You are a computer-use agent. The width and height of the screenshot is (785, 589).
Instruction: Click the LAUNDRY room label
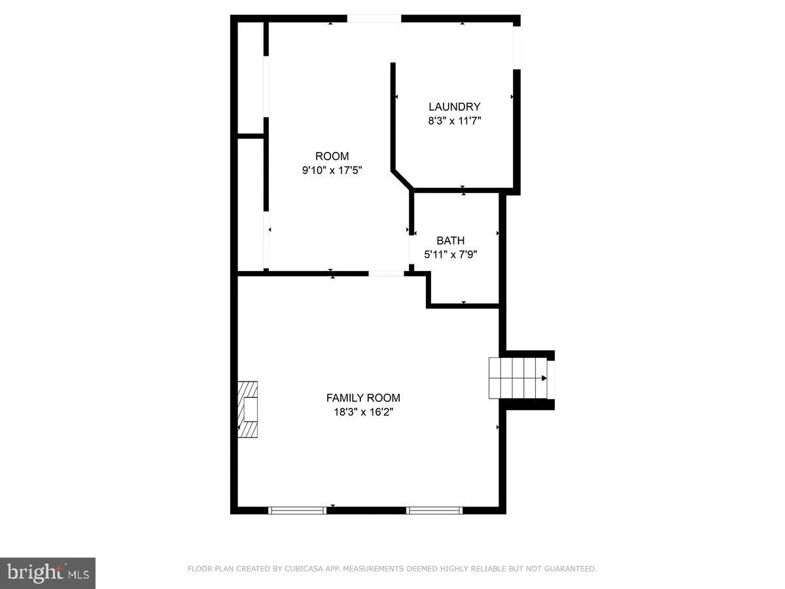click(x=454, y=107)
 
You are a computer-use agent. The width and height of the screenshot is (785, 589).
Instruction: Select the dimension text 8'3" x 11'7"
click(x=454, y=121)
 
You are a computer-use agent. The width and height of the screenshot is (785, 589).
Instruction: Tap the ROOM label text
click(x=332, y=156)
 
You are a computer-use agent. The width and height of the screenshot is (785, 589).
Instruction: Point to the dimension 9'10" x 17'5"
click(x=332, y=170)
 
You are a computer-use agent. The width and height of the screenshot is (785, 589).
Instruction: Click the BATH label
click(x=450, y=240)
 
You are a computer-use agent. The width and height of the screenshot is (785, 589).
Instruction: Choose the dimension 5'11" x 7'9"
click(x=450, y=255)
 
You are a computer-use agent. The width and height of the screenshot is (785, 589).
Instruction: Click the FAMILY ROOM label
click(x=363, y=397)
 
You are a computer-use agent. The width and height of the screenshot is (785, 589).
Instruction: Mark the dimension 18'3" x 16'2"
click(x=363, y=412)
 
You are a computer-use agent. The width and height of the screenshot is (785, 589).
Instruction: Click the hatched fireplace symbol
click(x=247, y=410)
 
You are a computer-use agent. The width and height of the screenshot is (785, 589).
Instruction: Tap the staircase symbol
click(x=518, y=378)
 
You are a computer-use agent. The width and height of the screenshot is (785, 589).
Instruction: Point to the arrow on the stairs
click(x=543, y=378)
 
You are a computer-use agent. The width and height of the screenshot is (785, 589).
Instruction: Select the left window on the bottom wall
click(x=298, y=510)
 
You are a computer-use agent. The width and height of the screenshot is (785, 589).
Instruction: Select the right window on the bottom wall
click(x=434, y=510)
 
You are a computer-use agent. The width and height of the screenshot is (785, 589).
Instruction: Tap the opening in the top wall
click(x=374, y=18)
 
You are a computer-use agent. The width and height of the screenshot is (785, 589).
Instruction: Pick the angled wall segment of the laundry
click(x=402, y=179)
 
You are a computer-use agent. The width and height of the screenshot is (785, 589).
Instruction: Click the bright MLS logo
click(x=48, y=573)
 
